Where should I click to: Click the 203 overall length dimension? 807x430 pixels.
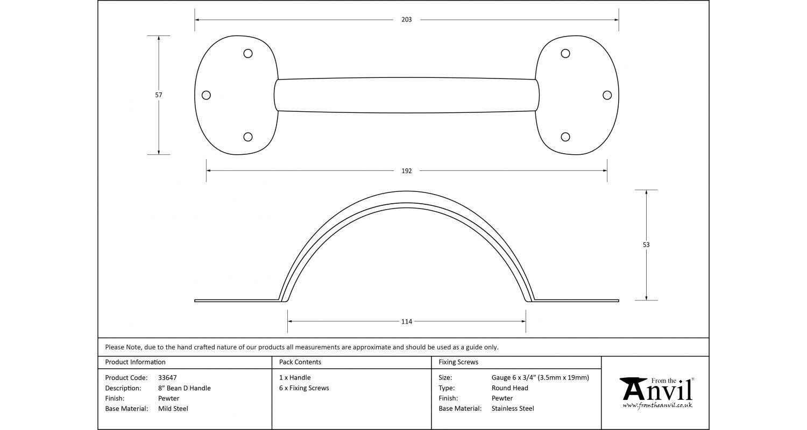coord(406,20)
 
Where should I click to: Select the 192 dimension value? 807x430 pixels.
coord(406,171)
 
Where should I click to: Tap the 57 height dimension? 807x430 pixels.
coord(159,95)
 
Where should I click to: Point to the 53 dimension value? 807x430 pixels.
coord(646,245)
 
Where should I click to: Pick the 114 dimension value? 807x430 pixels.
coord(406,321)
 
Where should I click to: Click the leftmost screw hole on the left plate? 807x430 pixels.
coord(206,95)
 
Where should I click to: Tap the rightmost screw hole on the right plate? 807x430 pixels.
coord(607,95)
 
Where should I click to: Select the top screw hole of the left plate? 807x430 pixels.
coord(248,53)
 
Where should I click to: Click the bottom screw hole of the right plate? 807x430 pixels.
coord(565,137)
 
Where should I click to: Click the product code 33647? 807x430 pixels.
coord(167,378)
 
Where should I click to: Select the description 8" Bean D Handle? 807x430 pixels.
coord(185,388)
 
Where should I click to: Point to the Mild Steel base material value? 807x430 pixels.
coord(173,408)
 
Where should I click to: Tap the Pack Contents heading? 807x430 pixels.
coord(300,362)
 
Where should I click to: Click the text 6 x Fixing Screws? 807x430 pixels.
coord(304,388)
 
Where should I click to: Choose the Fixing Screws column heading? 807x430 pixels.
coord(458,362)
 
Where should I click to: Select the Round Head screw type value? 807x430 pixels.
coord(510,388)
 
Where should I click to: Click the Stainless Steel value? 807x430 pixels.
coord(513,408)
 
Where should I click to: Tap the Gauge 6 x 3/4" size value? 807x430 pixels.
coord(540,378)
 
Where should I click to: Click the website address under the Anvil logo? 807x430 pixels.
coord(657,405)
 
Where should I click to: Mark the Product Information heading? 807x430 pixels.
coord(136,362)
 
